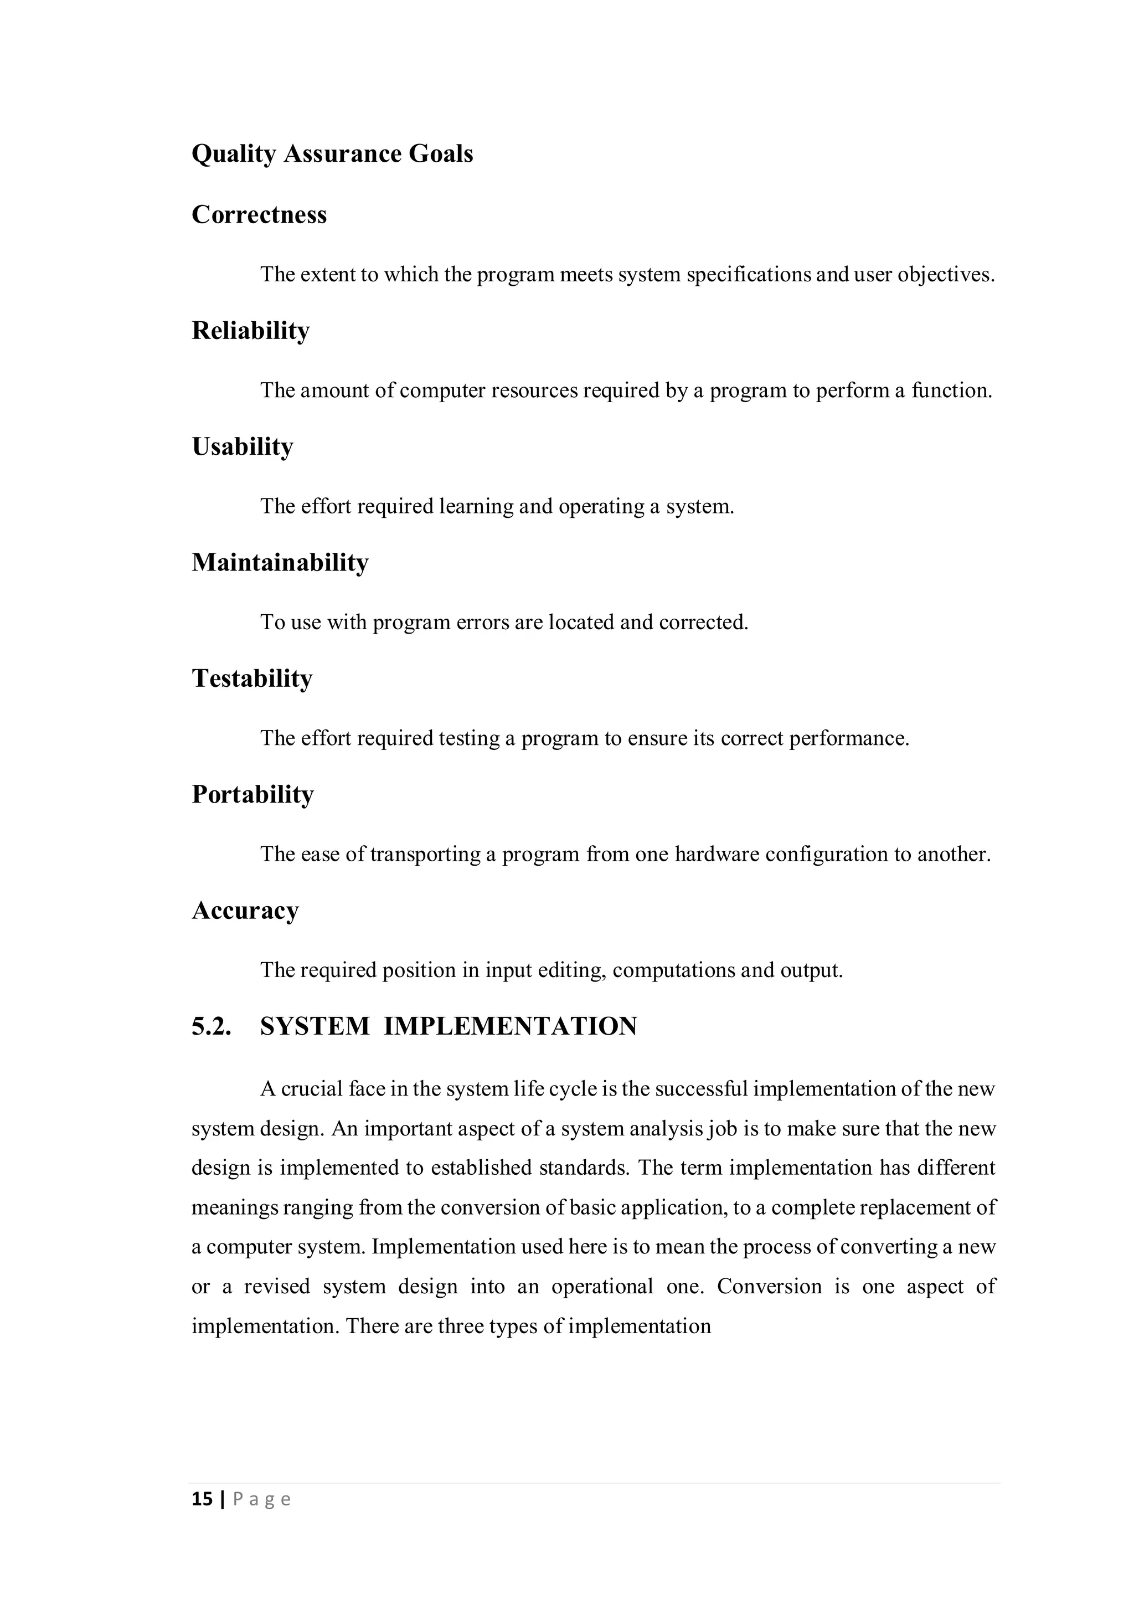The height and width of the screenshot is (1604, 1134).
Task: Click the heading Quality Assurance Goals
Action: pyautogui.click(x=332, y=155)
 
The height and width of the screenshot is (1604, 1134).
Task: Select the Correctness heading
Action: pyautogui.click(x=259, y=214)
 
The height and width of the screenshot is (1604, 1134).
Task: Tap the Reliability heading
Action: pyautogui.click(x=251, y=331)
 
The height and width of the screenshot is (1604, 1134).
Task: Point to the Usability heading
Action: pyautogui.click(x=243, y=446)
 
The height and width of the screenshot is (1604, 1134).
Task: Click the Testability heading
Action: pyautogui.click(x=252, y=678)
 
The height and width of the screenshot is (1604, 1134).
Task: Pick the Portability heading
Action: pyautogui.click(x=253, y=794)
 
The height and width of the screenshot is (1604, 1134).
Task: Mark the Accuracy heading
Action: pyautogui.click(x=245, y=911)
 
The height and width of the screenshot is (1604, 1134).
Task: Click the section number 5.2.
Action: pyautogui.click(x=211, y=1026)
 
